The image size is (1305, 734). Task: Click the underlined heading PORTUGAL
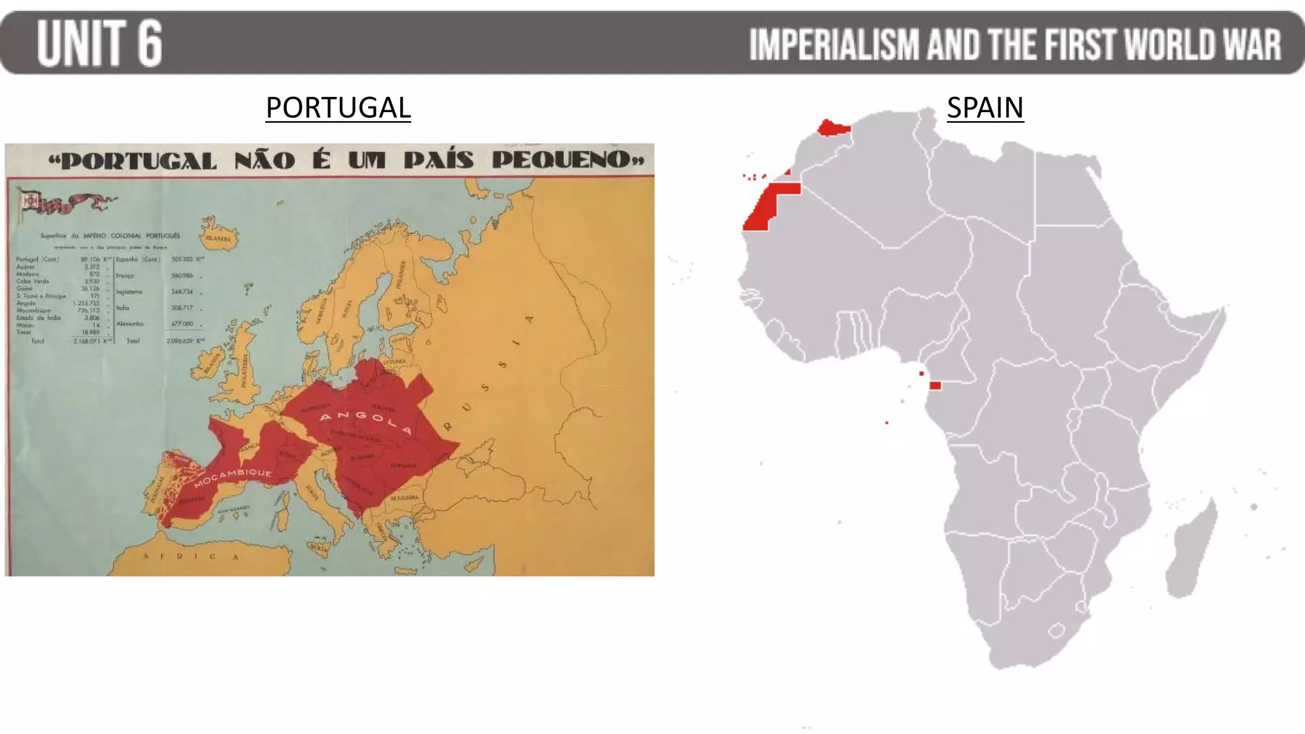[338, 107]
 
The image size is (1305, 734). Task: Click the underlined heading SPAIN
[984, 107]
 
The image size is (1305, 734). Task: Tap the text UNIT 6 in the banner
[99, 43]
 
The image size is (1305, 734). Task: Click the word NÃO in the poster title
[264, 160]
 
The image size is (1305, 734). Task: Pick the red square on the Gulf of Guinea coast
[935, 385]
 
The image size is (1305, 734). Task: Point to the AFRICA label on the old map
[191, 556]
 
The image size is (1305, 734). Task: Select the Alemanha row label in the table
[129, 324]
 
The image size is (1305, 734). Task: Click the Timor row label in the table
[24, 332]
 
